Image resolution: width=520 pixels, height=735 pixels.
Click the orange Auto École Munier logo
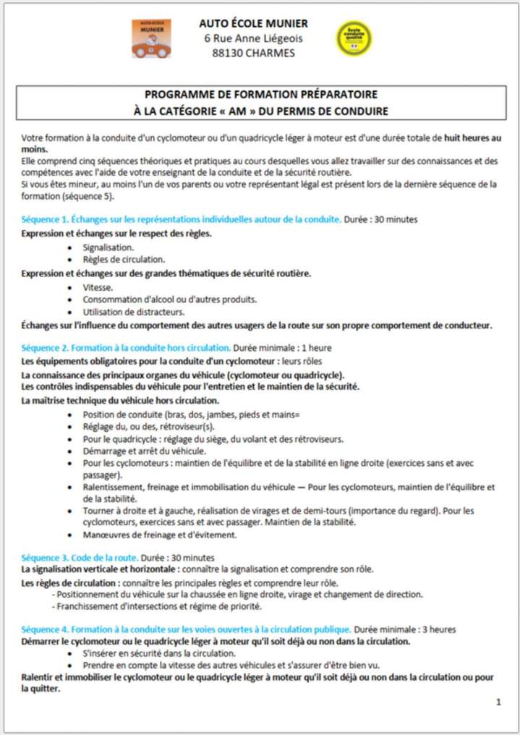(151, 39)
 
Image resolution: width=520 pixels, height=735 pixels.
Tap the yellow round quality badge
(354, 38)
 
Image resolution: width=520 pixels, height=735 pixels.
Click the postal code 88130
(229, 53)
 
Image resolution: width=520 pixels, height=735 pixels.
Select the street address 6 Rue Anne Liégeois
(253, 38)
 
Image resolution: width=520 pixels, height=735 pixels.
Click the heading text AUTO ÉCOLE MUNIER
(253, 23)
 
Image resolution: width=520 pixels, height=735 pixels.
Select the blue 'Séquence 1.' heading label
(46, 219)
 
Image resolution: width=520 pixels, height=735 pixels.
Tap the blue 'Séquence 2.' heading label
(46, 348)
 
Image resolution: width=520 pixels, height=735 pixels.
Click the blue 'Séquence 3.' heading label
(46, 558)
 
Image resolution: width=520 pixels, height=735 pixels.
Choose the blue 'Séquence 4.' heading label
(46, 629)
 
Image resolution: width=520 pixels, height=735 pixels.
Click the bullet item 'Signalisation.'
(108, 247)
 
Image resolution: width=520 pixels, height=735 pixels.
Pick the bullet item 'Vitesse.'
(98, 287)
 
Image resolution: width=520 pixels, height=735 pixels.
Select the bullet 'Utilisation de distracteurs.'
(133, 312)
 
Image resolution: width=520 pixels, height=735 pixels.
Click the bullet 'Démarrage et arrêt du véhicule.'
(144, 451)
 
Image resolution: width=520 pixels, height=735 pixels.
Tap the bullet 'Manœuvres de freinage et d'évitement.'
(160, 535)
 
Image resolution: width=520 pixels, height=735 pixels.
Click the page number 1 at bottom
(498, 702)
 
